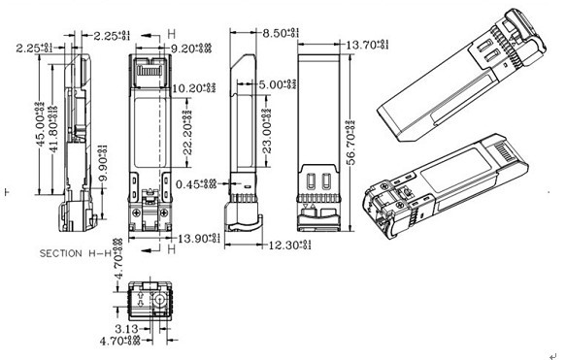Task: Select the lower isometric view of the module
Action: point(456,184)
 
